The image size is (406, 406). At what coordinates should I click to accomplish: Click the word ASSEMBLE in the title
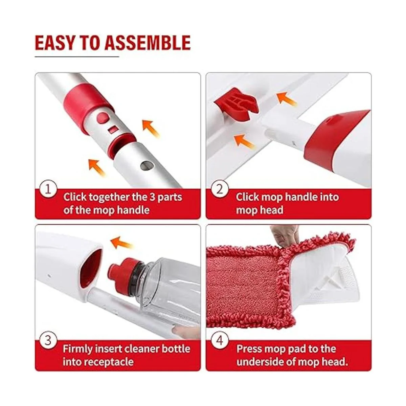click(148, 43)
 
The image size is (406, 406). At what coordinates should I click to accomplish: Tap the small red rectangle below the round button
click(113, 129)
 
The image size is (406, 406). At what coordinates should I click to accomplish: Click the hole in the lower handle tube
click(147, 165)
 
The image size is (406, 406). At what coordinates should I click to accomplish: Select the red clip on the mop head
click(236, 104)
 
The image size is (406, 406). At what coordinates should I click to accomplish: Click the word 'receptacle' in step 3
click(98, 362)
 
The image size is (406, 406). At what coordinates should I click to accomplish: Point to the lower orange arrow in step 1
click(97, 167)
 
